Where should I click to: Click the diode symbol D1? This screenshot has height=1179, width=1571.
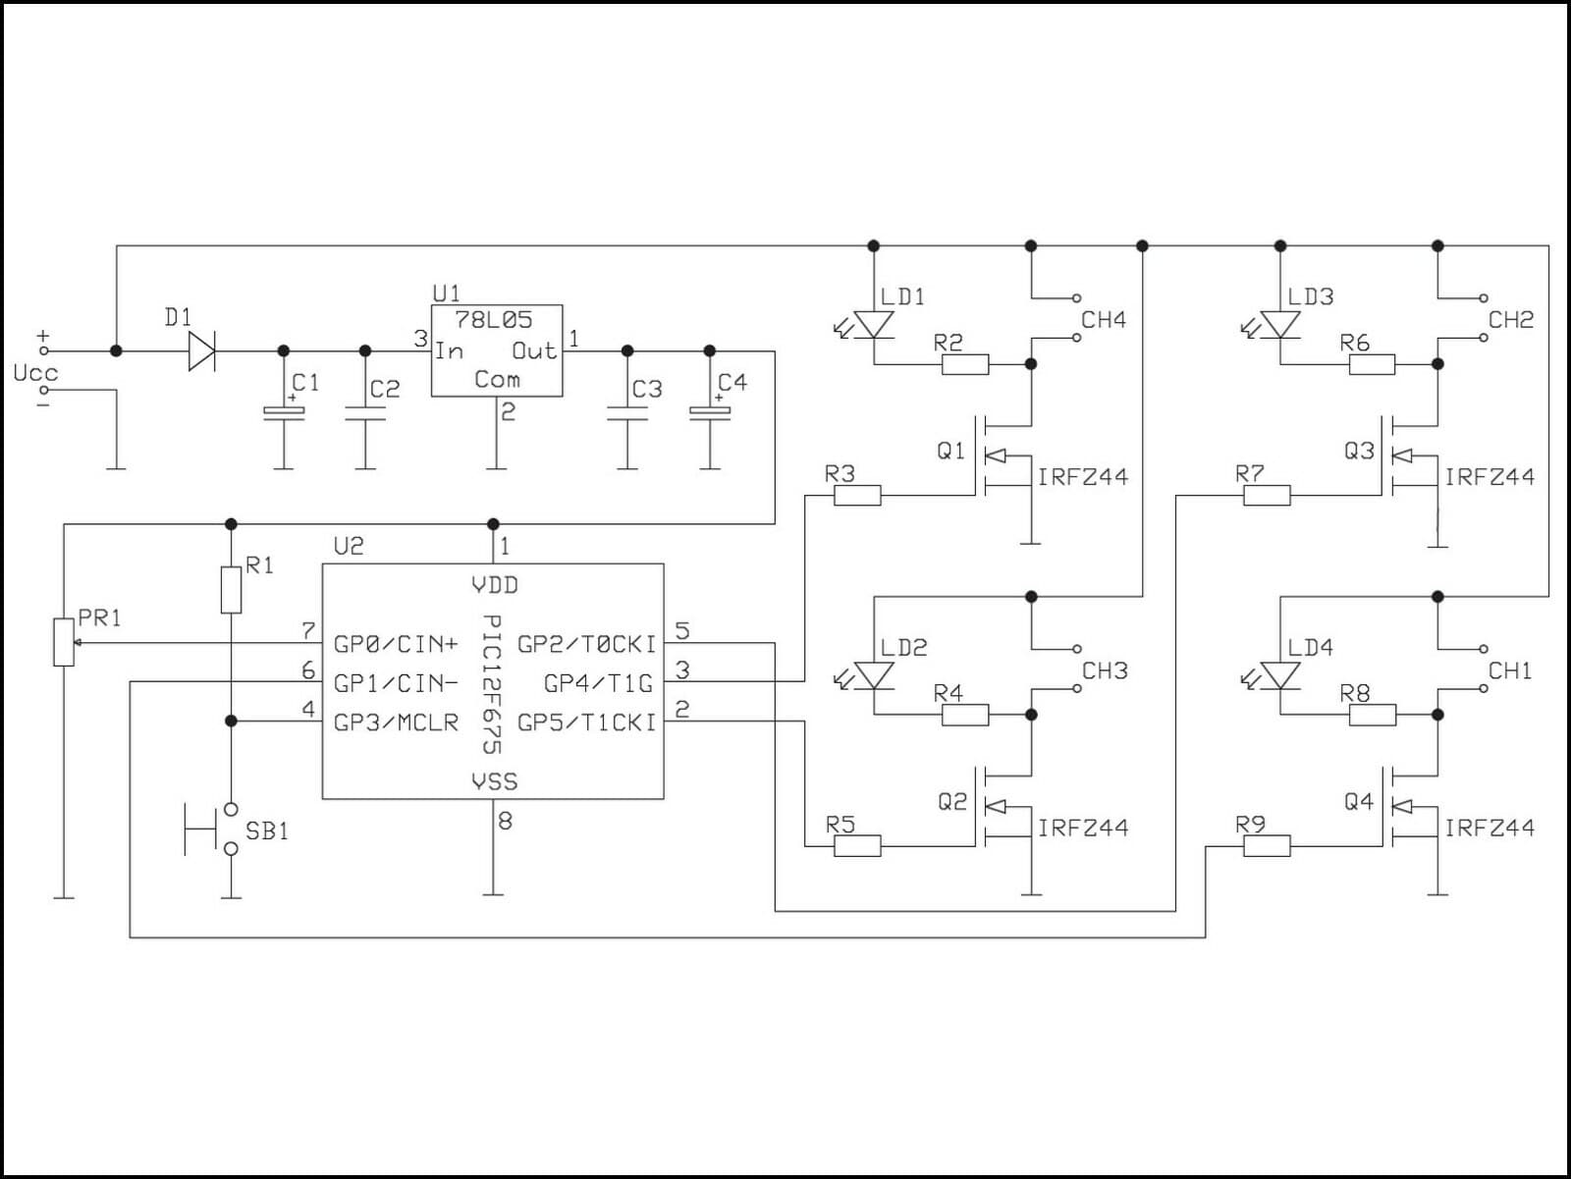pyautogui.click(x=201, y=350)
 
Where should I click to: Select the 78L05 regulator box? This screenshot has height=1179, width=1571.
pyautogui.click(x=497, y=350)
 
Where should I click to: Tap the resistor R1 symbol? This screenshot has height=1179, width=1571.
pyautogui.click(x=231, y=589)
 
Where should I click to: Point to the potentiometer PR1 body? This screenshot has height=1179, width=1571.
pyautogui.click(x=64, y=643)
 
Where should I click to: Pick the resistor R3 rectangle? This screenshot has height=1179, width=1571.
pyautogui.click(x=857, y=496)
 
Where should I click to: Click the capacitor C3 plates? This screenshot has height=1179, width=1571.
pyautogui.click(x=627, y=413)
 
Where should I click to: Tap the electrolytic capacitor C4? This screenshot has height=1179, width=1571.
pyautogui.click(x=710, y=413)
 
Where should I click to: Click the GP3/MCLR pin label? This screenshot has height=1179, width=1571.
pyautogui.click(x=396, y=723)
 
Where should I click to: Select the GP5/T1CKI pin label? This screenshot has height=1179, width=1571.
pyautogui.click(x=586, y=723)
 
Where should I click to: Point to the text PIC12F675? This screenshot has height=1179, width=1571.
pyautogui.click(x=493, y=684)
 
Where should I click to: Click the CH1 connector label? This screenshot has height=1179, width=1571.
pyautogui.click(x=1510, y=671)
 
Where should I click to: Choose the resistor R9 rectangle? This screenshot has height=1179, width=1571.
pyautogui.click(x=1267, y=846)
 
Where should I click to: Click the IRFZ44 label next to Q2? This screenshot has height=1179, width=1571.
pyautogui.click(x=1083, y=828)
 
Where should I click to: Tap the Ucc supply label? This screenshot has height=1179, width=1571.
pyautogui.click(x=35, y=373)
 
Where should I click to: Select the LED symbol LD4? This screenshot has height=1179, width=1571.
pyautogui.click(x=1280, y=675)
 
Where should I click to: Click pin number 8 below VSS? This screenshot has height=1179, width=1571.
pyautogui.click(x=505, y=821)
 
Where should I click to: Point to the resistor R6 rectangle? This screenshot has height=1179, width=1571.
pyautogui.click(x=1372, y=365)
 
